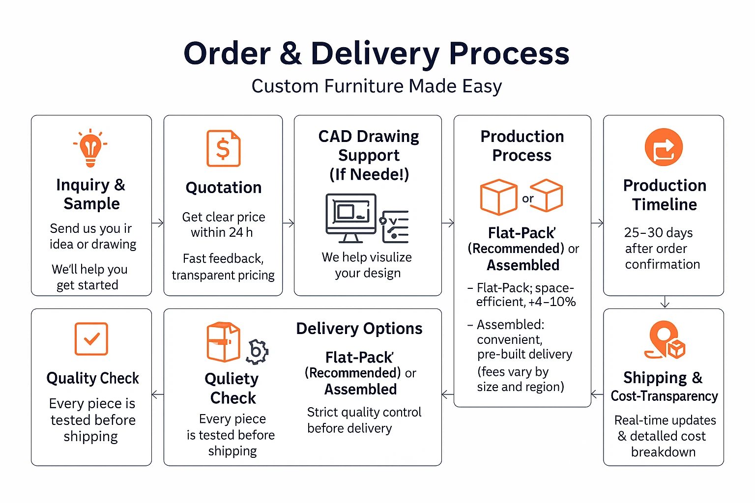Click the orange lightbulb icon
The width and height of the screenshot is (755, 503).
click(x=90, y=148)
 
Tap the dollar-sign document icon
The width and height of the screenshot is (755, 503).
click(x=223, y=148)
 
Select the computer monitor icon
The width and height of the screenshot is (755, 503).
click(x=351, y=217)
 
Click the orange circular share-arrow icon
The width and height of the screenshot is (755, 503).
click(x=664, y=147)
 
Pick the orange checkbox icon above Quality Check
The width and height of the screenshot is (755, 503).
click(x=91, y=338)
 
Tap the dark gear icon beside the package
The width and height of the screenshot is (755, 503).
click(x=257, y=351)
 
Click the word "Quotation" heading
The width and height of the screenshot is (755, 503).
click(x=224, y=188)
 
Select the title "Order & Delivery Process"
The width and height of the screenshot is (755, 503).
click(x=377, y=53)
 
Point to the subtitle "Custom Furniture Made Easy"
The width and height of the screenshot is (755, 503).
click(x=377, y=86)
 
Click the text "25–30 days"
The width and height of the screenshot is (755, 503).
click(x=658, y=232)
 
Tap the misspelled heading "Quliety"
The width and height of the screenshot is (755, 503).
click(x=232, y=379)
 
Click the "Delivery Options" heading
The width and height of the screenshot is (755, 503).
click(x=359, y=329)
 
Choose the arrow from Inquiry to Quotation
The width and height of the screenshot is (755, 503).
click(x=157, y=223)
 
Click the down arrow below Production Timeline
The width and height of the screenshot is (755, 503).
click(x=665, y=302)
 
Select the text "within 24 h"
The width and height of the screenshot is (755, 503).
click(x=222, y=232)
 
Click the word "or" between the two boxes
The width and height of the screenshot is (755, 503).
click(x=528, y=198)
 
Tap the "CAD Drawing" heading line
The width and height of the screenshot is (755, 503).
click(x=369, y=136)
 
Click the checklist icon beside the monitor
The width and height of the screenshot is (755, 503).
click(x=394, y=226)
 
